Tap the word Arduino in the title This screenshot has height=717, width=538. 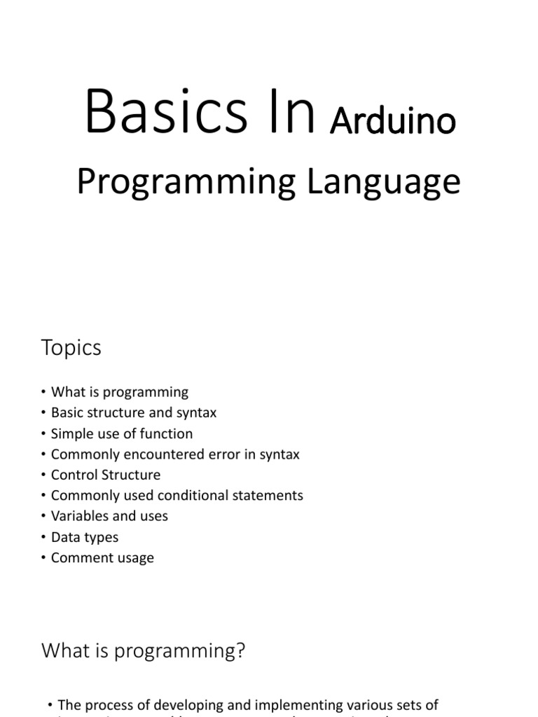click(x=393, y=121)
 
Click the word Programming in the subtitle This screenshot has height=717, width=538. click(x=186, y=182)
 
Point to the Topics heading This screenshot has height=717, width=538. click(x=71, y=348)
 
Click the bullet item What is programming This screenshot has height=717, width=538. click(x=120, y=392)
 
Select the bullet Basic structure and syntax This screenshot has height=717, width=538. click(x=134, y=413)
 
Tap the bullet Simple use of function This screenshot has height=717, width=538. click(x=122, y=433)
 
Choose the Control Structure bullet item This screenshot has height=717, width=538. click(x=106, y=475)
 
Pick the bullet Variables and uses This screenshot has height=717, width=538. click(x=109, y=516)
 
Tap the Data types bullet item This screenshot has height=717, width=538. click(x=85, y=537)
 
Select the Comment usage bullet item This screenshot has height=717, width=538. click(x=102, y=558)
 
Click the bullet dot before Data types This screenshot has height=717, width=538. click(x=43, y=538)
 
